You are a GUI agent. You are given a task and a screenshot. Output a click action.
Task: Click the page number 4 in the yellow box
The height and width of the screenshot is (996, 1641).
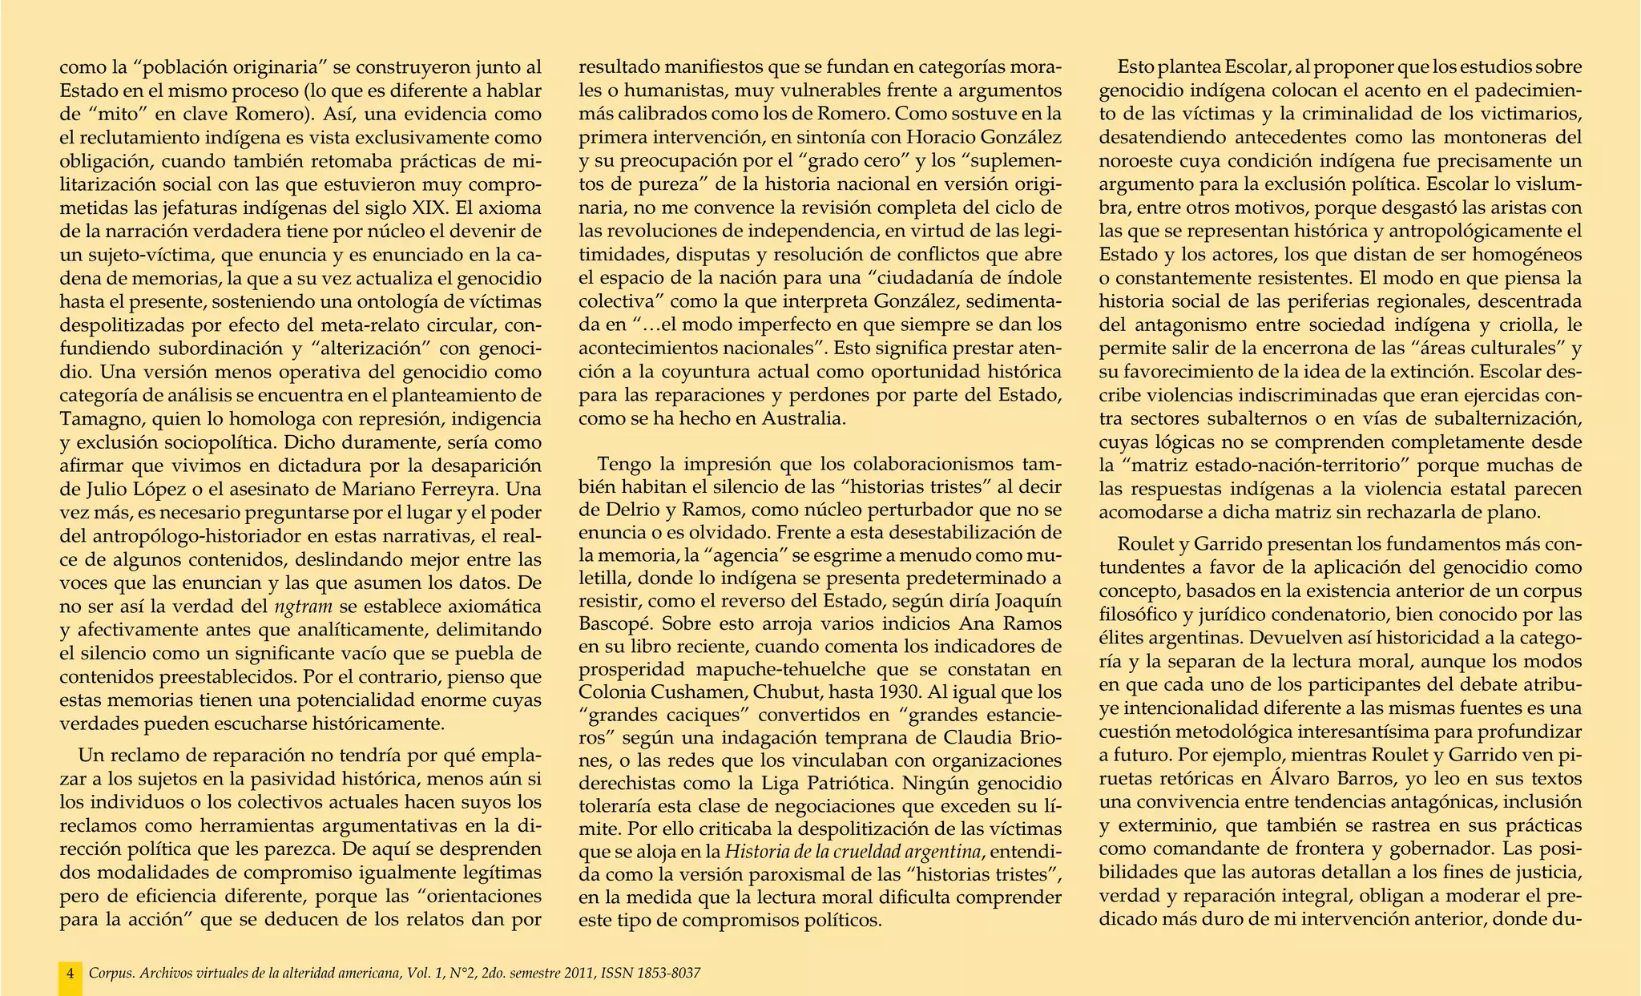pyautogui.click(x=71, y=974)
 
